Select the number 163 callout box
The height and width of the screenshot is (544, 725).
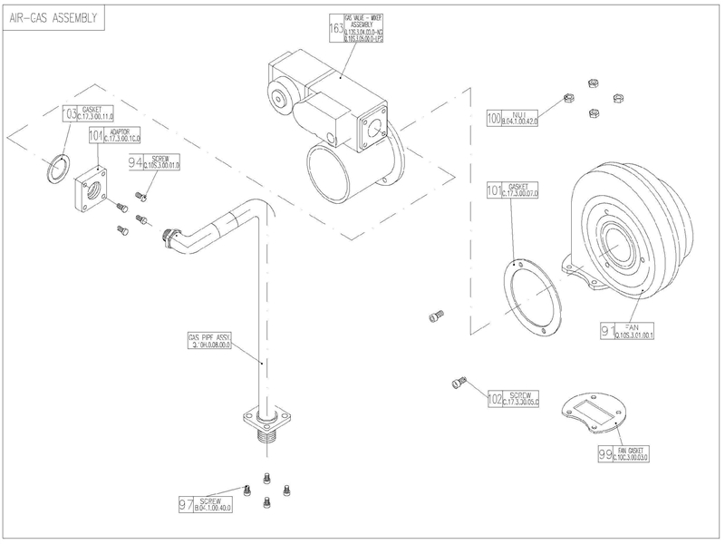tap(336, 28)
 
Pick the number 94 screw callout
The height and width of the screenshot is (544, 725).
tap(137, 163)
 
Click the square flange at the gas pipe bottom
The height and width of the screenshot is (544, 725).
tap(262, 420)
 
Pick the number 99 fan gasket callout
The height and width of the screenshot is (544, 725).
tap(605, 454)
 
